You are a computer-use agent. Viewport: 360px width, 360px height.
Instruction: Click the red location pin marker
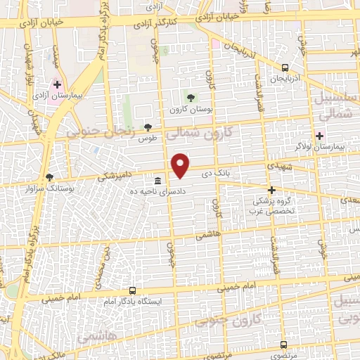[x=181, y=165]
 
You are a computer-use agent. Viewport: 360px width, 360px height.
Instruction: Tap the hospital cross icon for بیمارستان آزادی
[x=57, y=85]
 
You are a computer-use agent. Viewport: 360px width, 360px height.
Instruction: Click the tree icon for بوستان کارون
[x=190, y=98]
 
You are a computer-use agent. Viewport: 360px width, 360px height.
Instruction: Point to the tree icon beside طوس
[x=148, y=127]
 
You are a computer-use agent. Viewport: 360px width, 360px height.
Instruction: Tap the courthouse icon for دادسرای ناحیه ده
[x=157, y=181]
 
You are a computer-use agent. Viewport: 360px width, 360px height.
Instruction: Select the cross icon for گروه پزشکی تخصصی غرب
[x=272, y=190]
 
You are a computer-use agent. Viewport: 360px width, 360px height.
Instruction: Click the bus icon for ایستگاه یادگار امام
[x=133, y=290]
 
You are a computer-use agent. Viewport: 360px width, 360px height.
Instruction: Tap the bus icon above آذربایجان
[x=284, y=67]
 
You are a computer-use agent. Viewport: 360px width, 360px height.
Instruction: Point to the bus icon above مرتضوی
[x=283, y=345]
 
